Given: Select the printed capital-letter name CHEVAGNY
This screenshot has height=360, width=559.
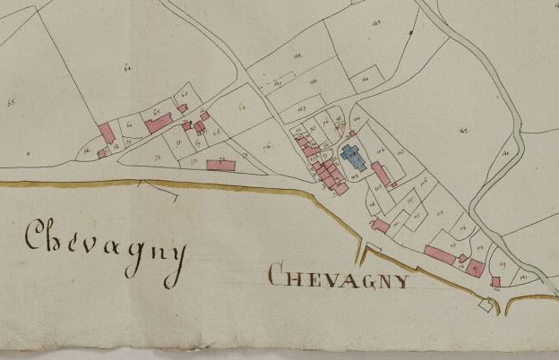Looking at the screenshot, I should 339,277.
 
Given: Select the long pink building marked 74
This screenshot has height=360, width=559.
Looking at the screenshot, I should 220,165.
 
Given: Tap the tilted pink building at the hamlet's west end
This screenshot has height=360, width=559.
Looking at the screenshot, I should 107,133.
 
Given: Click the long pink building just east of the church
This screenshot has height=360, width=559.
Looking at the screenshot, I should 381,173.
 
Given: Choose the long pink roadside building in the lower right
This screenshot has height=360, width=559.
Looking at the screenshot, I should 440,255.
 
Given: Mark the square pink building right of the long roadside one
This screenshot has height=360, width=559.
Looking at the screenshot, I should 475,267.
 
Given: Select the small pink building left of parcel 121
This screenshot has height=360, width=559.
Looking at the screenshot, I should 495,281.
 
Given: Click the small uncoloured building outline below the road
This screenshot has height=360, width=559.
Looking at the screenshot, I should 486,304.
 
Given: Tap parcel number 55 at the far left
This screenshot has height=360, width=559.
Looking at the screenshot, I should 13,104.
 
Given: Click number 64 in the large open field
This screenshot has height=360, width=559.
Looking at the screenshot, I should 127,67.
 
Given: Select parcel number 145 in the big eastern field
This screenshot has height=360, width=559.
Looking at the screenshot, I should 463,132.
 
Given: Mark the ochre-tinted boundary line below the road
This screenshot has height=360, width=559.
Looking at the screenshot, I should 224,187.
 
